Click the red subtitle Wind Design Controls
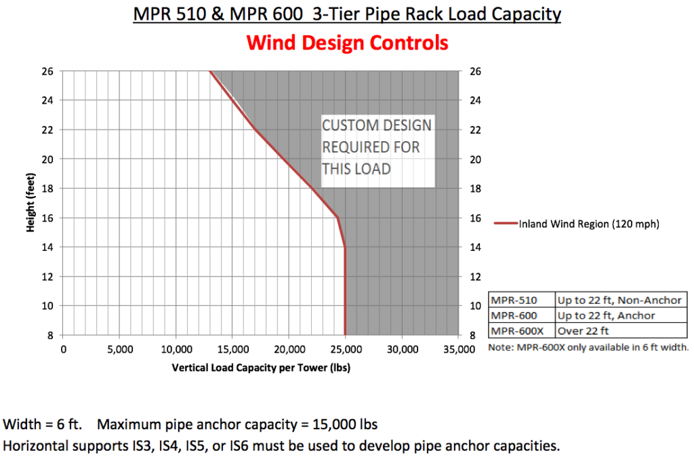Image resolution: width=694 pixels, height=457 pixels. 347,43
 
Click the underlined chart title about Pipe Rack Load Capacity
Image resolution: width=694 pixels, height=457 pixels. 346,14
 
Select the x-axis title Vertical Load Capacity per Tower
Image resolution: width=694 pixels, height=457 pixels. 260,368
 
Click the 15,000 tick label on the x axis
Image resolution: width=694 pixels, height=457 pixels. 232,350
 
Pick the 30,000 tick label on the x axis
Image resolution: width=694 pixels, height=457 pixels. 401,350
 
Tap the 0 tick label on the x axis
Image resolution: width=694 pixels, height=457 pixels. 64,350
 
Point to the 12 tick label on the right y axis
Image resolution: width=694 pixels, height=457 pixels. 476,277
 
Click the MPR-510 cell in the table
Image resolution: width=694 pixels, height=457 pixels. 514,300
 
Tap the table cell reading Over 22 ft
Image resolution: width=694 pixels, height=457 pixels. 583,332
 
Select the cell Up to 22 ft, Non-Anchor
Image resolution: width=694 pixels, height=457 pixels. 619,300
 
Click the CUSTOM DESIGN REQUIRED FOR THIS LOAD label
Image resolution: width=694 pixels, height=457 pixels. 376,146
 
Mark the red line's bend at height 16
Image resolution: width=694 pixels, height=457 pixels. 337,217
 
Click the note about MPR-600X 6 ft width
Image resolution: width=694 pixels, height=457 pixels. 588,347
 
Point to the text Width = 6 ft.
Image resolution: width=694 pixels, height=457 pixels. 43,425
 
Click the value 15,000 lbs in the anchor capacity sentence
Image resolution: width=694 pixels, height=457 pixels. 345,425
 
